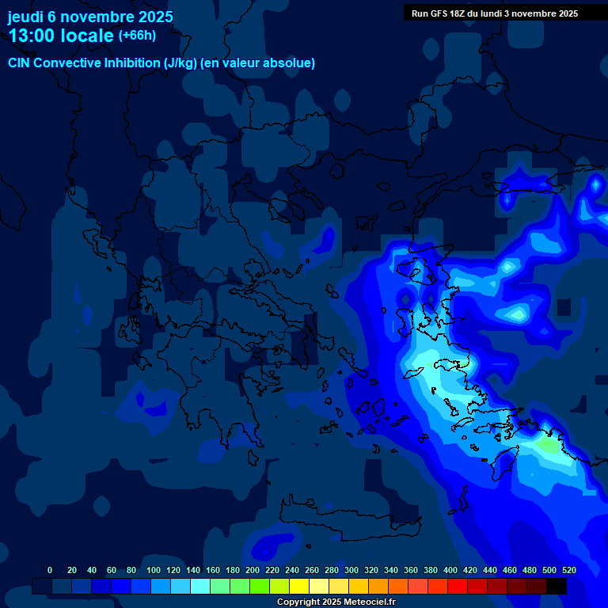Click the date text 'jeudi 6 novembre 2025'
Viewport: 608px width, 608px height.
click(x=90, y=17)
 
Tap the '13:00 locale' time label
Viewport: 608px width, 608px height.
click(x=62, y=36)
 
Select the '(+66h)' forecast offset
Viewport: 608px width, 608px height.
click(x=137, y=36)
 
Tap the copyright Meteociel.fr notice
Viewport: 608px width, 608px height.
click(x=336, y=602)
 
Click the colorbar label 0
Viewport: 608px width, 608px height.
click(x=50, y=570)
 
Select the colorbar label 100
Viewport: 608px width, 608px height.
click(x=154, y=570)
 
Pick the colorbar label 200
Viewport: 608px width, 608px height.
click(x=253, y=570)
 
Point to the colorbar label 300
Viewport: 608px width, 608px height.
click(x=351, y=570)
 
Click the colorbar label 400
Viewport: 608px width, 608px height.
click(x=450, y=570)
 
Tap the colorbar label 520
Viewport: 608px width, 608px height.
click(x=569, y=570)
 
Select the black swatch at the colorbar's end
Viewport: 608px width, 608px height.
click(x=557, y=587)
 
